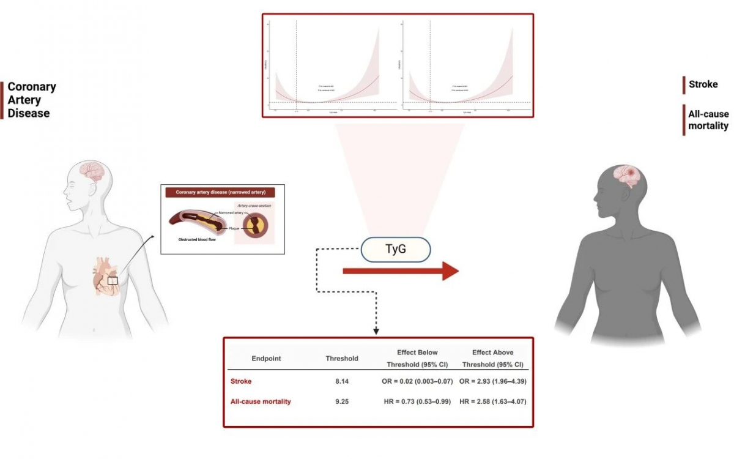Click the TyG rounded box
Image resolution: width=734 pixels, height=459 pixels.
(x=395, y=250)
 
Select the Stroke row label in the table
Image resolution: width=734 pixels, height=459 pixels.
(x=240, y=381)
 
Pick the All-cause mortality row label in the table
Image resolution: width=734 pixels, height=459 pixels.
(x=261, y=401)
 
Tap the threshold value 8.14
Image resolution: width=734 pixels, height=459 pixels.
(x=342, y=381)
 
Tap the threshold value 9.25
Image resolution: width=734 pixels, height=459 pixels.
(x=342, y=401)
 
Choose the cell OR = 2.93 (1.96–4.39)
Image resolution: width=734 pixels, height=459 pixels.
(x=493, y=381)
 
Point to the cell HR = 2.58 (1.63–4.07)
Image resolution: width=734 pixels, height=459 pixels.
(x=493, y=401)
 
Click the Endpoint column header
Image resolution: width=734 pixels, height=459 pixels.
(x=266, y=358)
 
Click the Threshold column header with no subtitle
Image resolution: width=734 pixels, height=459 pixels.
(x=342, y=358)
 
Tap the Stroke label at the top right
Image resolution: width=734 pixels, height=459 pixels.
(x=703, y=84)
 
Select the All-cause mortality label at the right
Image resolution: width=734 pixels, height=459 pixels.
(x=708, y=120)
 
